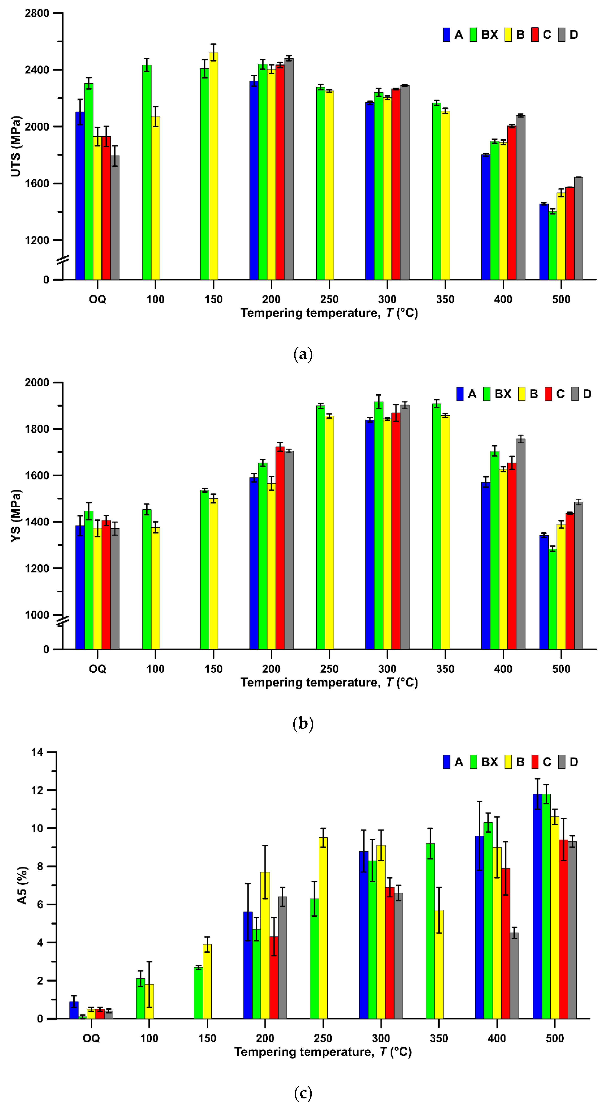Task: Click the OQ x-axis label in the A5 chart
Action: tap(91, 1038)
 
